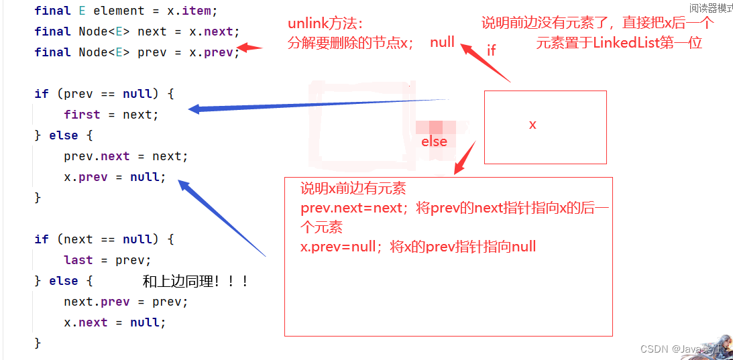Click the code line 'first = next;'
point(111,115)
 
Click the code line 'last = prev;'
point(107,260)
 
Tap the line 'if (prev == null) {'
point(104,94)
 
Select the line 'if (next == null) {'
point(104,239)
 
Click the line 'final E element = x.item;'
point(126,11)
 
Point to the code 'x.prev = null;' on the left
point(115,177)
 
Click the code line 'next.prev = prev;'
point(126,302)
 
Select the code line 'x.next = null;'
point(115,322)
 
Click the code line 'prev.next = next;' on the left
point(126,156)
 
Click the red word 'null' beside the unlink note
point(443,43)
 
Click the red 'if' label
point(492,50)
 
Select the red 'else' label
point(434,141)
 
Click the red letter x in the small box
point(532,125)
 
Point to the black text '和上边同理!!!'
point(195,282)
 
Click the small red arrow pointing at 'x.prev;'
point(250,48)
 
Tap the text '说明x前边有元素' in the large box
point(353,188)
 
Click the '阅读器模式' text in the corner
point(711,8)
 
